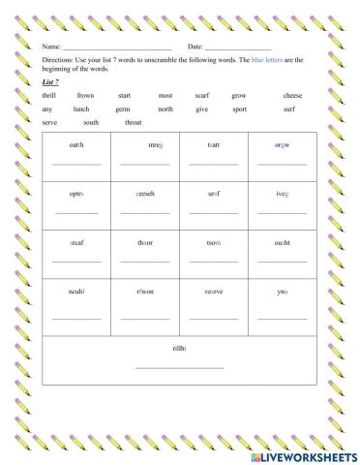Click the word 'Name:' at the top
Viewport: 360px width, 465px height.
pyautogui.click(x=51, y=46)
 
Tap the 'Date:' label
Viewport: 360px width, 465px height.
pyautogui.click(x=195, y=46)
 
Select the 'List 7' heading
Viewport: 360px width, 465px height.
pyautogui.click(x=51, y=82)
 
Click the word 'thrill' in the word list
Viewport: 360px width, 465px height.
pyautogui.click(x=50, y=96)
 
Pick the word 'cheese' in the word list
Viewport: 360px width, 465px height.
pyautogui.click(x=292, y=96)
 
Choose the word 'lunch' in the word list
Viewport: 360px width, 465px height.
pyautogui.click(x=81, y=109)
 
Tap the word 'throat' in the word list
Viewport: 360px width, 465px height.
pyautogui.click(x=134, y=123)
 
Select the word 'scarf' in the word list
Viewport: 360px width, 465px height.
pyautogui.click(x=201, y=96)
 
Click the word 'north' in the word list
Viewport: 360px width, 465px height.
pyautogui.click(x=165, y=109)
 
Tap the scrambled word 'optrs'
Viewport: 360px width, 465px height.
pyautogui.click(x=76, y=194)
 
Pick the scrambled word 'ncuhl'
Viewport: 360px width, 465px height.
pyautogui.click(x=76, y=291)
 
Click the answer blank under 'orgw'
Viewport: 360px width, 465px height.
pyautogui.click(x=282, y=165)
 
